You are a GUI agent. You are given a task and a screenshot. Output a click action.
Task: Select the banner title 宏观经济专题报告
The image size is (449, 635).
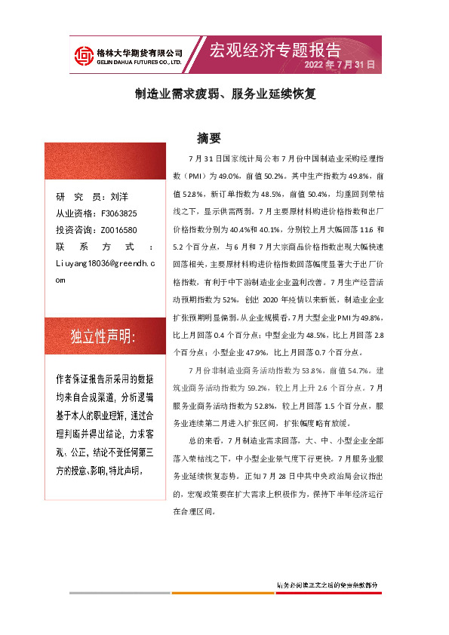[x=275, y=50]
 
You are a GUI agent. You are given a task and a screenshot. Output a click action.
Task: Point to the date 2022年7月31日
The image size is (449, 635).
[x=339, y=66]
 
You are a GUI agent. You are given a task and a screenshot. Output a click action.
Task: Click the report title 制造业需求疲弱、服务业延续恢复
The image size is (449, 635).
[x=225, y=94]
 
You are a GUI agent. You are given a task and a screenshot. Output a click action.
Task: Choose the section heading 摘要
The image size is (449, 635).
[x=208, y=138]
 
